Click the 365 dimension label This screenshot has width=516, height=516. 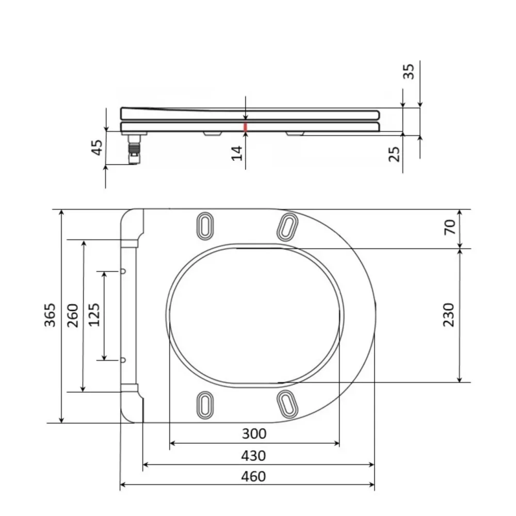pyautogui.click(x=50, y=315)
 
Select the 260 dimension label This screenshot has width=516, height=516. pyautogui.click(x=73, y=315)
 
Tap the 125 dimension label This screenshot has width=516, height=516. pyautogui.click(x=94, y=315)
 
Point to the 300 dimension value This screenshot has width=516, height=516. pyautogui.click(x=254, y=434)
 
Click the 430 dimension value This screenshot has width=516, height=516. pyautogui.click(x=253, y=456)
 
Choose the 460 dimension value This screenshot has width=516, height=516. pyautogui.click(x=253, y=476)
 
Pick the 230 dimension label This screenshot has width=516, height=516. pyautogui.click(x=448, y=315)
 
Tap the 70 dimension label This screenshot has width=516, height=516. pyautogui.click(x=449, y=227)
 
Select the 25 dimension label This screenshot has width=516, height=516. pyautogui.click(x=394, y=154)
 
